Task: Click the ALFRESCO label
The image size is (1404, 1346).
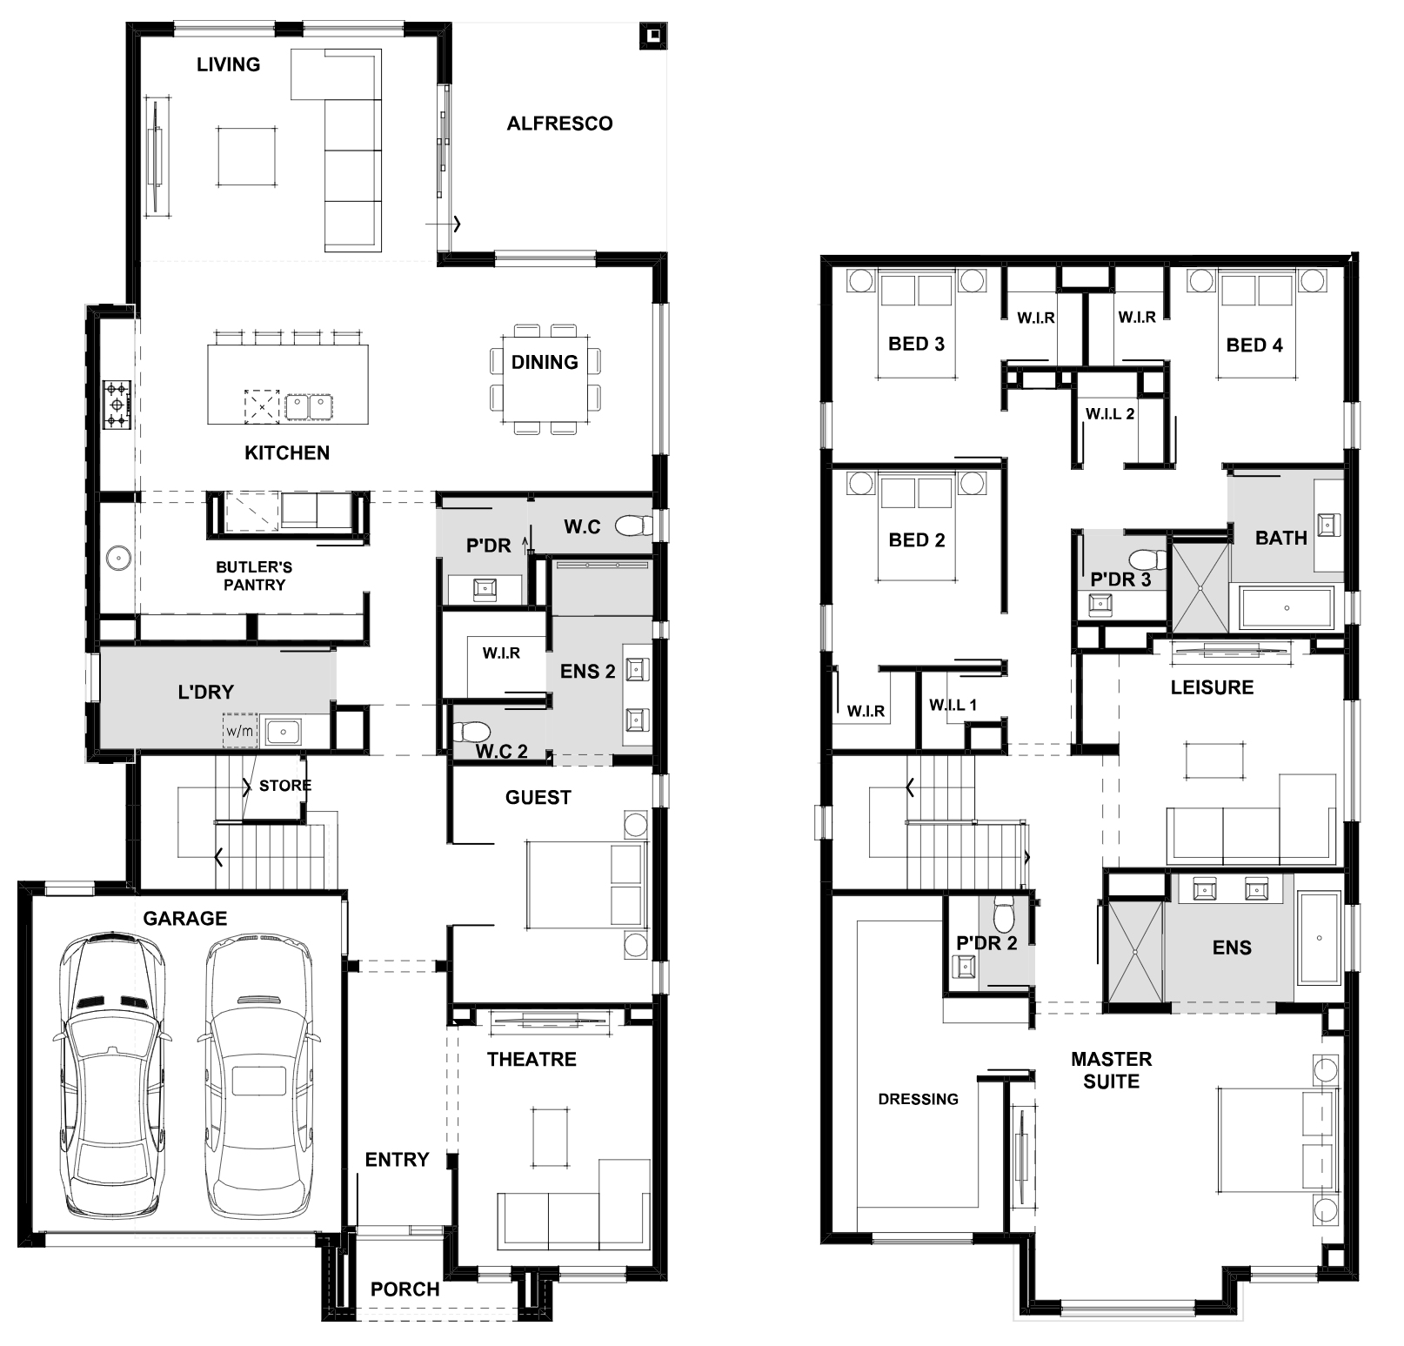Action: coord(559,124)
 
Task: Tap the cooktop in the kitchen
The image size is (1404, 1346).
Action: coord(117,405)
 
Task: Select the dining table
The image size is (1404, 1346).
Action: coord(545,379)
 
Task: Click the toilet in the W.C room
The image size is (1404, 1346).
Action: coord(634,526)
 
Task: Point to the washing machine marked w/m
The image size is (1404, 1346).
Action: coord(240,731)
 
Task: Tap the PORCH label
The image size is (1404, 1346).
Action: coord(404,1289)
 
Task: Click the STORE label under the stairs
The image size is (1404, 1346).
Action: coord(285,786)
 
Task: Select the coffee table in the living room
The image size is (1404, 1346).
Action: coord(248,157)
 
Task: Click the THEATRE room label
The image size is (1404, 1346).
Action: coord(532,1059)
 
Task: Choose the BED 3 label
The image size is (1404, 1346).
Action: coord(916,344)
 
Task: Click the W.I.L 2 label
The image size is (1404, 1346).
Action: coord(1110,414)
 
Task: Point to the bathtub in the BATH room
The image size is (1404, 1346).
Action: coord(1287,608)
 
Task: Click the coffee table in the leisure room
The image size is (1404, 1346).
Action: coord(1214,758)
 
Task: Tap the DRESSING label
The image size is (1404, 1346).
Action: coord(918,1099)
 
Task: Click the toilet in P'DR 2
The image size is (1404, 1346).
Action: coord(1004,914)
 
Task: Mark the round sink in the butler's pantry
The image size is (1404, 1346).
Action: coord(117,557)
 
